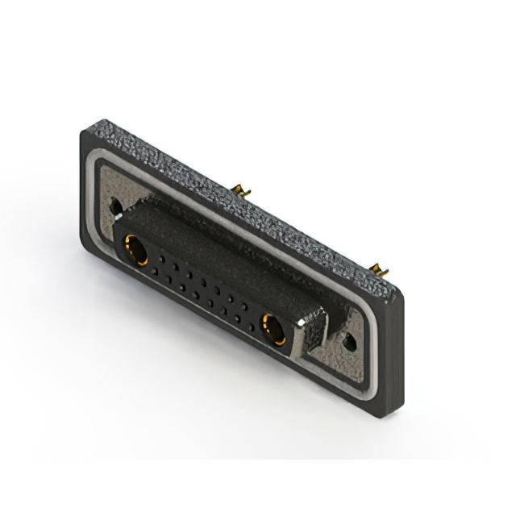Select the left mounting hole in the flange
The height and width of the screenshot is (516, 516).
pyautogui.click(x=118, y=206)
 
